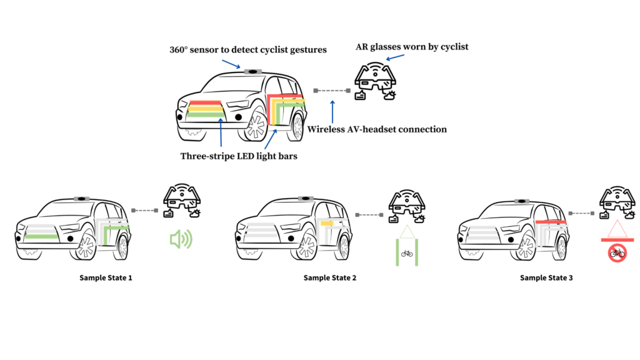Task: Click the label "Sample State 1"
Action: coord(106,277)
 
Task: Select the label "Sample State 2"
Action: coord(330,277)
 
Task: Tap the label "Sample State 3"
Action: coord(546,277)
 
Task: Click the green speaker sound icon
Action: coord(181,239)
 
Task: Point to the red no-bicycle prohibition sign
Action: coord(617,253)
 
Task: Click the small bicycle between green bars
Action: coord(407,254)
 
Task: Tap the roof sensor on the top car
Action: coord(253,72)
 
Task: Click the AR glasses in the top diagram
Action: coord(375,81)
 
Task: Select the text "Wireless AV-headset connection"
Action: coord(377,129)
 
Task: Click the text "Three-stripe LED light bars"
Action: coord(239,156)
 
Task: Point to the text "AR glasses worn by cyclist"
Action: coord(412,46)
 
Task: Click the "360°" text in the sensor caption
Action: coord(179,50)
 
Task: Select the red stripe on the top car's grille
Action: coord(205,103)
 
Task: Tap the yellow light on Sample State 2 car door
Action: coord(327,223)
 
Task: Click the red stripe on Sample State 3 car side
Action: coord(551,222)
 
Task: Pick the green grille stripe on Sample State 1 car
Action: coord(41,236)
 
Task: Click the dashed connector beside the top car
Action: coord(332,91)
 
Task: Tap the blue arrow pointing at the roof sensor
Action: coord(231,64)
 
